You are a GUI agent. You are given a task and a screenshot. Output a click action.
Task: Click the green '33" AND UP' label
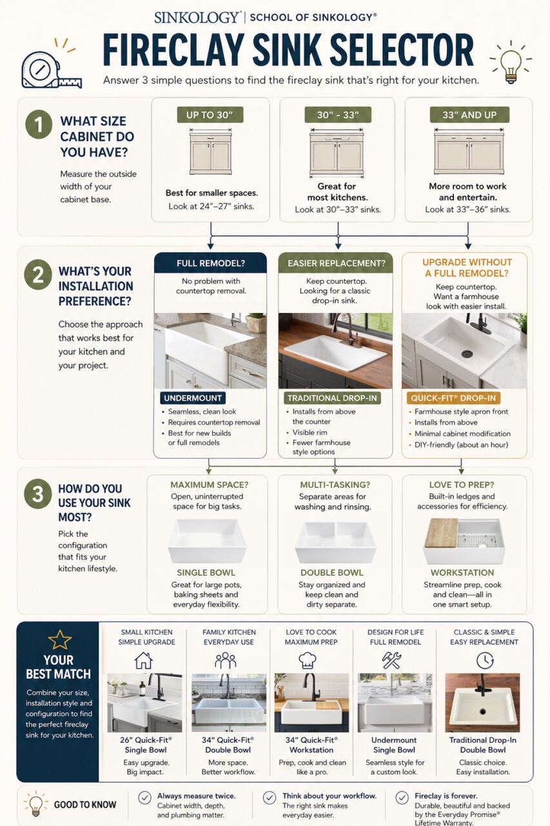469,115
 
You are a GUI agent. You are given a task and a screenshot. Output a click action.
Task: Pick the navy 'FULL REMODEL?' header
210,263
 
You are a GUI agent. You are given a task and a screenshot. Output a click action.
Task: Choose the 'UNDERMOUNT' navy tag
193,398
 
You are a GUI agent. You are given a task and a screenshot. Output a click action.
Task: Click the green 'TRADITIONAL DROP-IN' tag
333,398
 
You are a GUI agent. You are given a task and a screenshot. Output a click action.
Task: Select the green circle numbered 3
37,495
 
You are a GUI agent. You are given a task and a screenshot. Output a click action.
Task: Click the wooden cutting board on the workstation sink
442,533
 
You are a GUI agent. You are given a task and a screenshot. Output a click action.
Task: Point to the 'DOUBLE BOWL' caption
332,572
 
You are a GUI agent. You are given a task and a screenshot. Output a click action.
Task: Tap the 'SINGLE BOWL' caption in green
206,572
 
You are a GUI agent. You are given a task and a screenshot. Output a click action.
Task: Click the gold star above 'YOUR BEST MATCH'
59,640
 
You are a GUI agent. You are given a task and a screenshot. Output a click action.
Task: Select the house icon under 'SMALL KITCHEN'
143,660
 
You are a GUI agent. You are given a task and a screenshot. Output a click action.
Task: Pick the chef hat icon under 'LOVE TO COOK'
308,660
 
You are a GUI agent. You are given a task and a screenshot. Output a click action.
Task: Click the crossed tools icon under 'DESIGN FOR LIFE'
391,660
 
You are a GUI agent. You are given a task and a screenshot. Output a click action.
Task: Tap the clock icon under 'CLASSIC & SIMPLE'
485,660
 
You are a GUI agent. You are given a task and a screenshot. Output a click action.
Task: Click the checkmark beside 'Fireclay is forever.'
402,798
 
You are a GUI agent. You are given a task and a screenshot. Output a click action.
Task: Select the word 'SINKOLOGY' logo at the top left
197,17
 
